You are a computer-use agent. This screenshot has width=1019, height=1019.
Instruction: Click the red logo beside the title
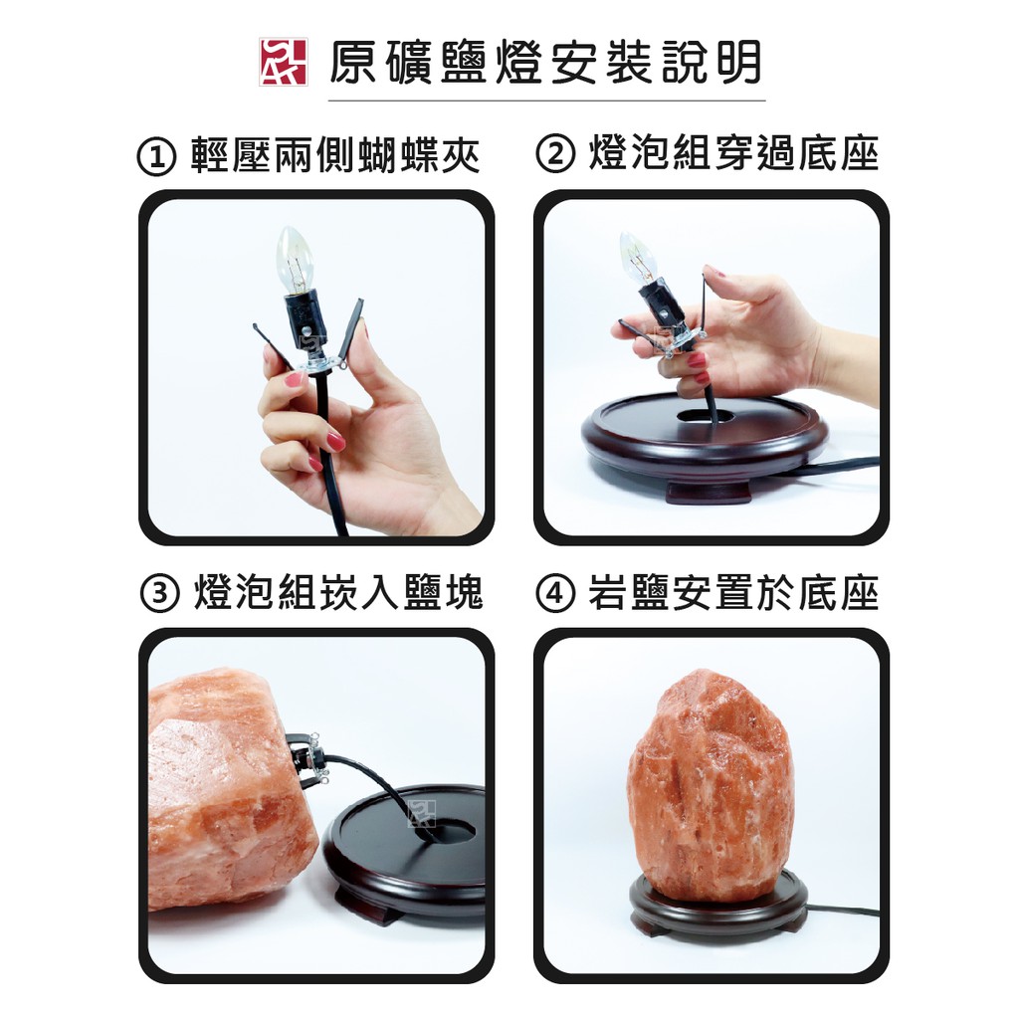tap(283, 62)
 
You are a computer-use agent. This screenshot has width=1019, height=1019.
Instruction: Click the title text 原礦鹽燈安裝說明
tap(545, 63)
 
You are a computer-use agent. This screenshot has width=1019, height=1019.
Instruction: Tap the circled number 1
tap(156, 157)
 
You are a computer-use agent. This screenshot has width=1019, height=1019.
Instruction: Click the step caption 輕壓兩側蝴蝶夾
tap(335, 156)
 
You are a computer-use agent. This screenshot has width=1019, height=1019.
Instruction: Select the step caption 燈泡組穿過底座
tap(733, 154)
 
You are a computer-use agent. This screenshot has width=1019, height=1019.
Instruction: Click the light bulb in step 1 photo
tap(295, 260)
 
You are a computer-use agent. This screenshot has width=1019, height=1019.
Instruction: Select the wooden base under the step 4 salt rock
tap(718, 908)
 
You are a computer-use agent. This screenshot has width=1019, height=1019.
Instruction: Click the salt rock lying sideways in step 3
tap(228, 786)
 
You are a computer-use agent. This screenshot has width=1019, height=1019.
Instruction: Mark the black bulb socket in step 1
tap(305, 321)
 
